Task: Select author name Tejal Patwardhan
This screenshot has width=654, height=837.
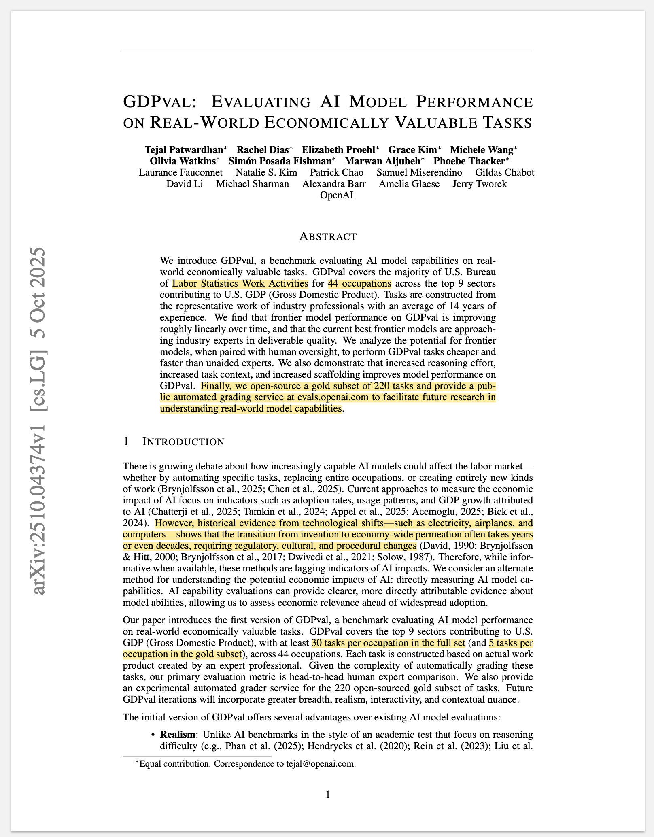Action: (186, 150)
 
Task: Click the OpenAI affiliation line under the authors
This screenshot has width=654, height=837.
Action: (336, 195)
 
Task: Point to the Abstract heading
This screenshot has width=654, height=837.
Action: (328, 236)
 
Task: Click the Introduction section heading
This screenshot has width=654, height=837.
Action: (183, 442)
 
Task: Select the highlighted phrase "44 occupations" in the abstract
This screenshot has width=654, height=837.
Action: (359, 283)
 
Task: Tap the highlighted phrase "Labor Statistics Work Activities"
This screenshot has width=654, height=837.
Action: (240, 283)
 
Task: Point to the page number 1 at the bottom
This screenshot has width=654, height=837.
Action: (328, 795)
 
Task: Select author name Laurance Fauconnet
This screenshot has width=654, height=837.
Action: (180, 173)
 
